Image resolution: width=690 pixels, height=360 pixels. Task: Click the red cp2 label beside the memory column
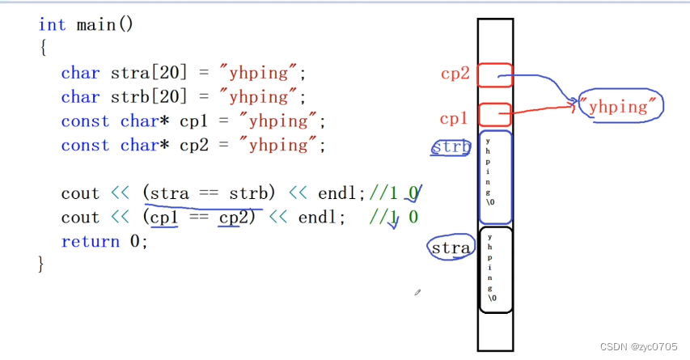[x=455, y=74]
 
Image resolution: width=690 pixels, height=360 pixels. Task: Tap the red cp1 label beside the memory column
[x=454, y=118]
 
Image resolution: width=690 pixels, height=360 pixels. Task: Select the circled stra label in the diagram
[x=451, y=248]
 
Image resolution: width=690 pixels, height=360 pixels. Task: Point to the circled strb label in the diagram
[x=451, y=147]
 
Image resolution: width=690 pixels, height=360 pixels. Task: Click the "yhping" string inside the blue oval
[x=619, y=106]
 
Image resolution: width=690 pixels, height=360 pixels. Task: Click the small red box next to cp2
[x=494, y=75]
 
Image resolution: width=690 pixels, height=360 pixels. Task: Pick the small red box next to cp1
[x=494, y=115]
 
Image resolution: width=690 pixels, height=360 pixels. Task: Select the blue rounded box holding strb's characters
[x=495, y=177]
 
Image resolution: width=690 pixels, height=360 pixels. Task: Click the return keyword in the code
[x=85, y=241]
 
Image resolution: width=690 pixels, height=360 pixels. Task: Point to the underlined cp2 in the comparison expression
[x=229, y=217]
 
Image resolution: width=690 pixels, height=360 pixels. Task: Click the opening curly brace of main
[x=42, y=49]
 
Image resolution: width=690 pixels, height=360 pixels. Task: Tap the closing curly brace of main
[x=42, y=265]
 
